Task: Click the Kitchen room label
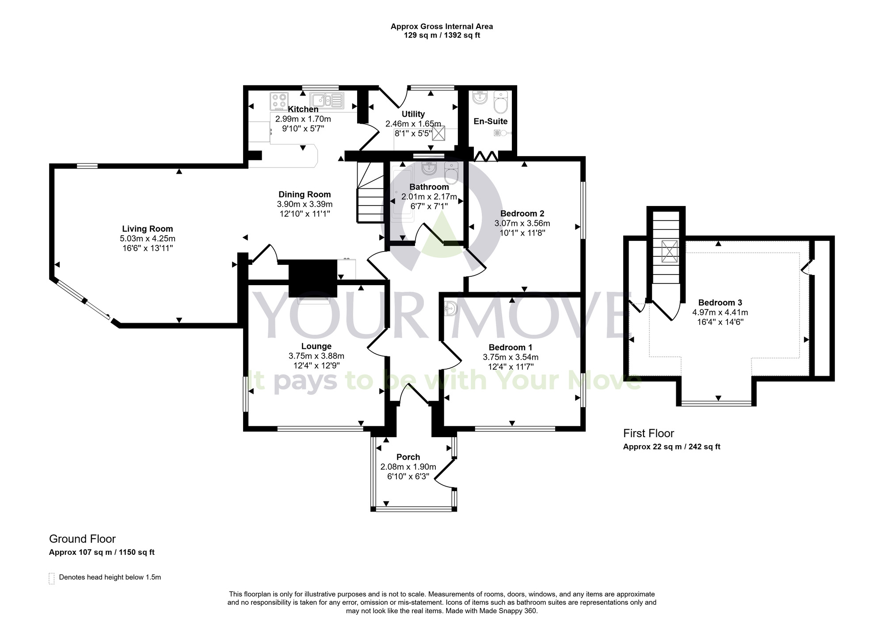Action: point(303,109)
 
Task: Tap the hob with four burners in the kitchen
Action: point(279,101)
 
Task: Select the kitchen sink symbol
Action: point(327,100)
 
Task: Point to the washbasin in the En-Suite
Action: point(480,97)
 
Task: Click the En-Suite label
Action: point(490,121)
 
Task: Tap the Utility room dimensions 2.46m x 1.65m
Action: point(413,124)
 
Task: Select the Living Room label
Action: point(147,229)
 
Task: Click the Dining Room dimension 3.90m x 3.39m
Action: point(305,204)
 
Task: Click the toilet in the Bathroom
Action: point(451,174)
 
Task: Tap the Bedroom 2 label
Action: point(522,214)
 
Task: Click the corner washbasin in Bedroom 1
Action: point(450,308)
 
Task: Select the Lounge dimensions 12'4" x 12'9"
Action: point(316,366)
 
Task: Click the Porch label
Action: point(408,457)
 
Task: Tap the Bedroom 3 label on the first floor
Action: point(720,302)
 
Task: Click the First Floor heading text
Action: point(648,433)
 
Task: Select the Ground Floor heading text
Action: point(82,539)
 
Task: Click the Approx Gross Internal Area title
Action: point(442,27)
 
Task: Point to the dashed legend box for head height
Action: point(52,578)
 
